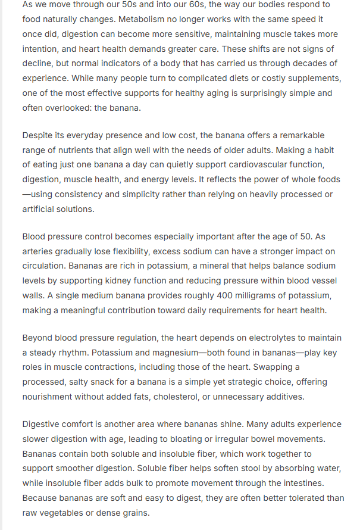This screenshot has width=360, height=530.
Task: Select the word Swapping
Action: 280,367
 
